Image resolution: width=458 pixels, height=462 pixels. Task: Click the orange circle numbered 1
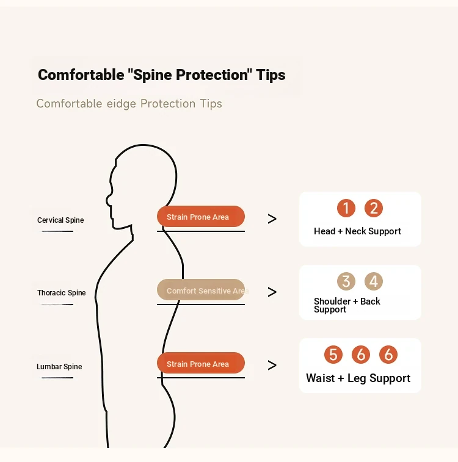[x=346, y=208]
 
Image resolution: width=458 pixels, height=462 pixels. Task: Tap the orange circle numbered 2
[x=373, y=208]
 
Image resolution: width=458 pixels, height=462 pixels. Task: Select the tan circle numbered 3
[x=346, y=281]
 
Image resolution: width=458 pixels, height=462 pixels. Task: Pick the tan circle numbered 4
[x=373, y=281]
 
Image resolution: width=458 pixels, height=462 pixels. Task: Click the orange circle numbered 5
[x=333, y=355]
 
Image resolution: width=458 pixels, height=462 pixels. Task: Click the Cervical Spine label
[x=60, y=220]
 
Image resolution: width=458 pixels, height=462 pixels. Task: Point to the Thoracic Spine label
[x=61, y=292]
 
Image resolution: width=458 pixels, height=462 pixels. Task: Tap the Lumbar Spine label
[x=59, y=367]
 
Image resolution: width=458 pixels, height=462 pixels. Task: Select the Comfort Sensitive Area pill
[x=201, y=290]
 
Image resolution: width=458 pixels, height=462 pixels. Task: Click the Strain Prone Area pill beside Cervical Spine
[x=201, y=217]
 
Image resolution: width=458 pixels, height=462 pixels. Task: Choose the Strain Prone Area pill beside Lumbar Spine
[x=201, y=363]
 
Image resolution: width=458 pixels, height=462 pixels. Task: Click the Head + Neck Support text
[x=357, y=231]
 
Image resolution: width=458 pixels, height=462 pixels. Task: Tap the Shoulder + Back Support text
[x=347, y=305]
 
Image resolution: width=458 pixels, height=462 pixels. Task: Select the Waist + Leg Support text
[x=358, y=378]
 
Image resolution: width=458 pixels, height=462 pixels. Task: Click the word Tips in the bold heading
[x=271, y=75]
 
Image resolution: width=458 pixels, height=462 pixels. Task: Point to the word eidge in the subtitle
[x=121, y=104]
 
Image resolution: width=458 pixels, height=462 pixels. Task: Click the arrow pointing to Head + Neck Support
[x=272, y=219]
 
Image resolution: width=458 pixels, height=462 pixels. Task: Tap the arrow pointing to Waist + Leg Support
[x=272, y=366]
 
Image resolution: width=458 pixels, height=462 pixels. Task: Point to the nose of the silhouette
[x=108, y=200]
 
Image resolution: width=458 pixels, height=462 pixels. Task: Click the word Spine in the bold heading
[x=152, y=75]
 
